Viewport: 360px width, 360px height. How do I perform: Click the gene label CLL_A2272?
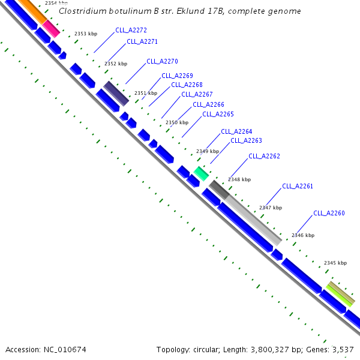(x=131, y=29)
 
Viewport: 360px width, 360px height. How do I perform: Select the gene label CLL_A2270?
(x=162, y=62)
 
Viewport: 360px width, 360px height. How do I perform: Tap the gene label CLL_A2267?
(x=197, y=94)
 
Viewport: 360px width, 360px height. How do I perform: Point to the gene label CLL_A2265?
(x=218, y=114)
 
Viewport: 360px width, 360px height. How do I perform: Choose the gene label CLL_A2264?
(x=236, y=131)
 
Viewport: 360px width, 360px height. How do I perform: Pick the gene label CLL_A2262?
(x=264, y=156)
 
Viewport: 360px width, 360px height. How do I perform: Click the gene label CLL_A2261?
(x=298, y=186)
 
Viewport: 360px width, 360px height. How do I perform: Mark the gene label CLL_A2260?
(x=329, y=213)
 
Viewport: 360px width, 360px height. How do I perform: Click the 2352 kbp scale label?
(x=116, y=64)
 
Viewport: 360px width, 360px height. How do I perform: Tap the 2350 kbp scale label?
(x=176, y=122)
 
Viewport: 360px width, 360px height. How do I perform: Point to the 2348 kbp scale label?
(x=239, y=179)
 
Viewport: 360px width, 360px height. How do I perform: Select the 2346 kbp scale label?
(x=302, y=236)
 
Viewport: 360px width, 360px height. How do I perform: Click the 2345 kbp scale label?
(x=335, y=263)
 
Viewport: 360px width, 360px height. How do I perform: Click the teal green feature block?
(x=201, y=174)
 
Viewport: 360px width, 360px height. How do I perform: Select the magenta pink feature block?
(x=50, y=28)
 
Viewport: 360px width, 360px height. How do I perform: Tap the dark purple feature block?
(x=116, y=94)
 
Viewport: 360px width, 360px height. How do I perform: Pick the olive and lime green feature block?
(x=340, y=294)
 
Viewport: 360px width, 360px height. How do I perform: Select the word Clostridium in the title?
(x=82, y=11)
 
